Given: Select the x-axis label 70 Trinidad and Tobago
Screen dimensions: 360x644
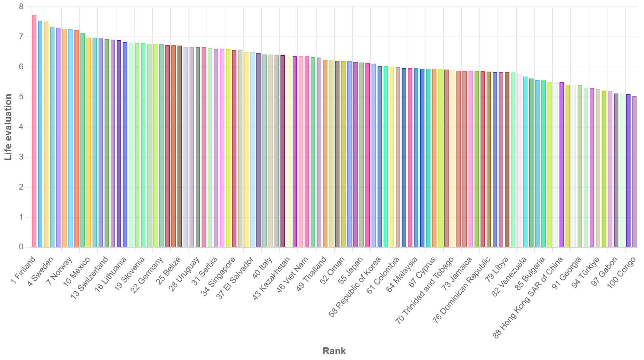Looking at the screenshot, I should point(425,290).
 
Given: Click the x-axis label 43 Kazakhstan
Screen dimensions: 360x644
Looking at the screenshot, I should point(272,278).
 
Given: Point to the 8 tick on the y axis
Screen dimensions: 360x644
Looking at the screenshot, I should point(21,7).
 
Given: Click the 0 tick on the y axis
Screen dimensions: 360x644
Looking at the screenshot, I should point(21,247).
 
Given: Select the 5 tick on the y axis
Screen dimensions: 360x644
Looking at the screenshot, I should point(21,97).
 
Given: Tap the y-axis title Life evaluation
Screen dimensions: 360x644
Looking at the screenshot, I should point(8,127).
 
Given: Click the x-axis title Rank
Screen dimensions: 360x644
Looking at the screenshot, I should point(334,351).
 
